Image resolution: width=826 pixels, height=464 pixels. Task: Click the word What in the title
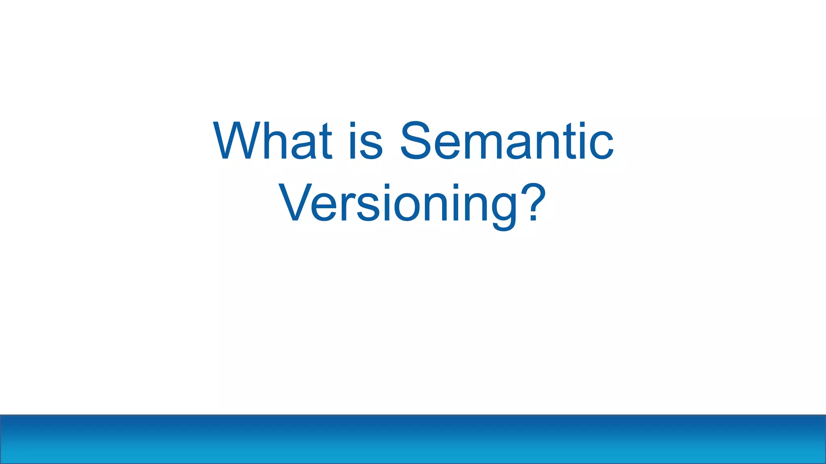pos(273,141)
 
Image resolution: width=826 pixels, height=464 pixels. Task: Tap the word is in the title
pos(365,141)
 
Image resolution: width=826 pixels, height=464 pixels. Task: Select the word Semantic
pos(507,141)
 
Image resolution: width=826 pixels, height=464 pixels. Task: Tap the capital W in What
pos(237,141)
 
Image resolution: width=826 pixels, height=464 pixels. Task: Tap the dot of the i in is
pos(353,124)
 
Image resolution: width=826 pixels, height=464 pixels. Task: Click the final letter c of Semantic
pos(601,146)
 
